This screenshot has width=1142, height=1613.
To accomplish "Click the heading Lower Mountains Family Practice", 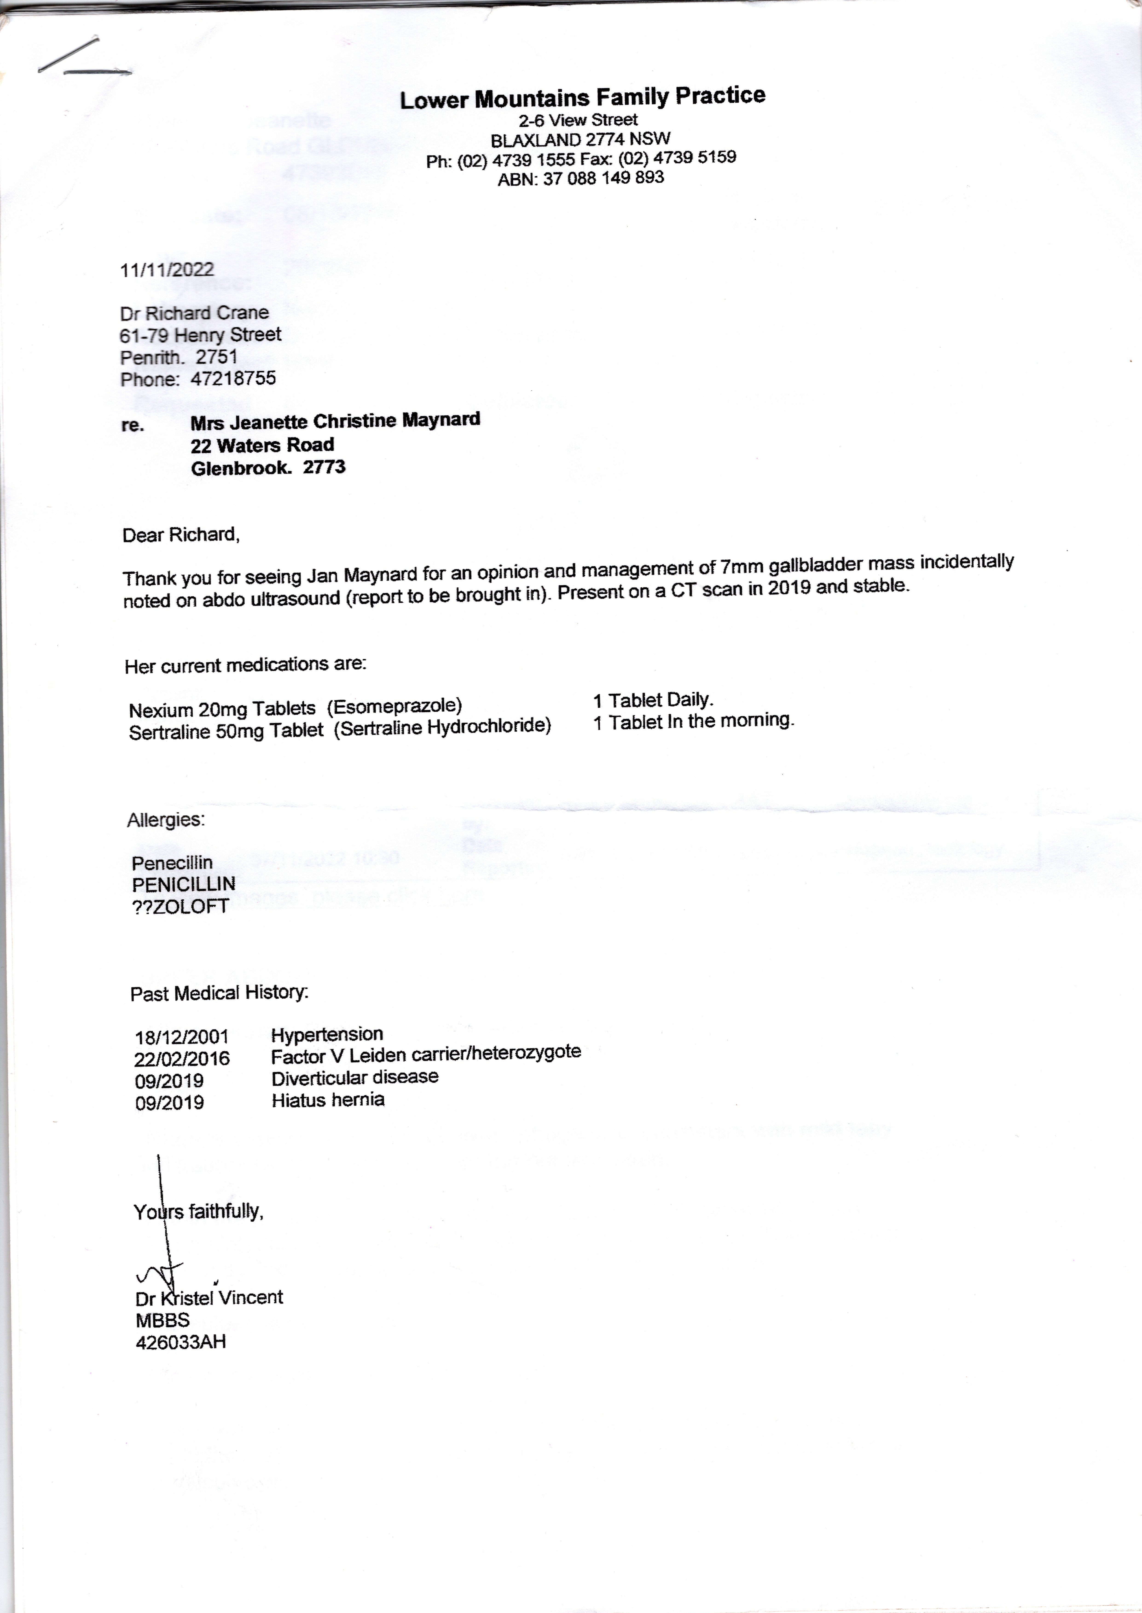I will pyautogui.click(x=582, y=98).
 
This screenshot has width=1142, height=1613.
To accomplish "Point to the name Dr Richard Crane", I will pyautogui.click(x=194, y=313).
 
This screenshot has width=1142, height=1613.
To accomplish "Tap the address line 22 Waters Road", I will pyautogui.click(x=262, y=445).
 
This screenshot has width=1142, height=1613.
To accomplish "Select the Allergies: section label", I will pyautogui.click(x=166, y=819).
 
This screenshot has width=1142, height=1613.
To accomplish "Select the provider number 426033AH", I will pyautogui.click(x=181, y=1342).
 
